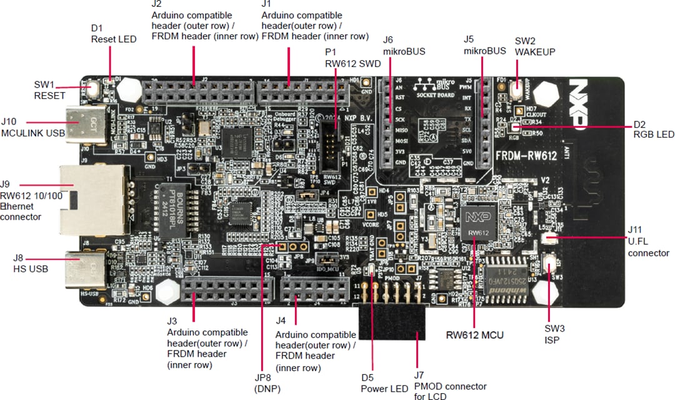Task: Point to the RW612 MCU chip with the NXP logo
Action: point(478,225)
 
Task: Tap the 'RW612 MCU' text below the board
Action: point(474,335)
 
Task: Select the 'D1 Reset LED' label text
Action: point(112,34)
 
